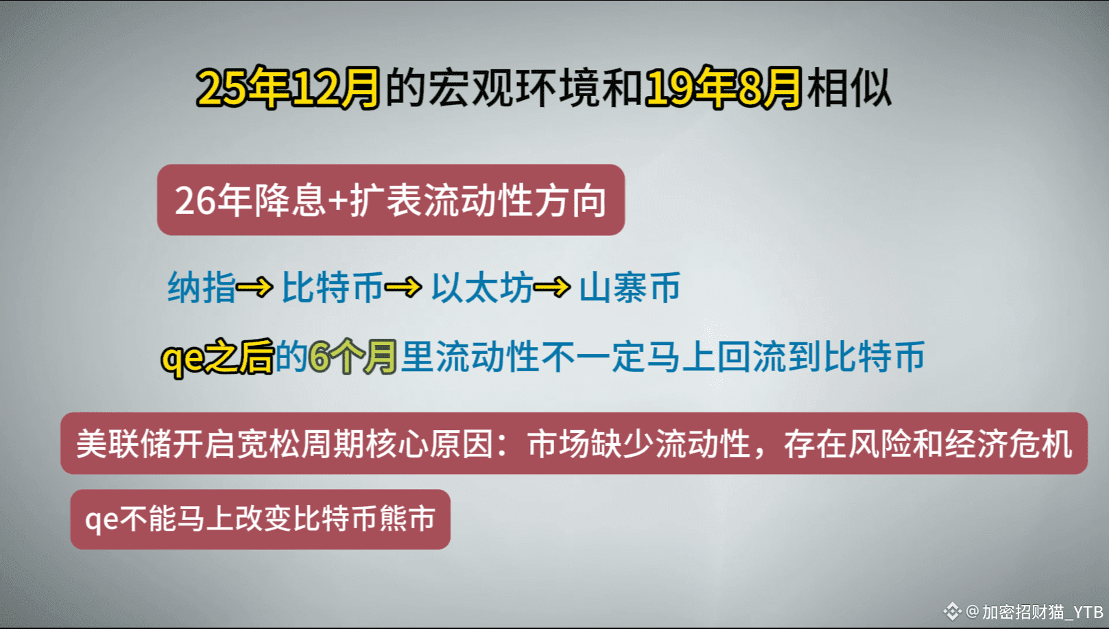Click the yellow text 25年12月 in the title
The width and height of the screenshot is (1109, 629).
pos(288,88)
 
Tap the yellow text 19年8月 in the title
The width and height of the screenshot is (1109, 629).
pos(723,88)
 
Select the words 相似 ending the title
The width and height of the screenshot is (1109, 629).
pos(849,88)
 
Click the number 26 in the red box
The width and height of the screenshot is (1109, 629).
pos(195,201)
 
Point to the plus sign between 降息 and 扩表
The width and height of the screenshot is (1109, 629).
pos(337,202)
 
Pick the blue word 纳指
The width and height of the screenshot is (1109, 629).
pos(202,287)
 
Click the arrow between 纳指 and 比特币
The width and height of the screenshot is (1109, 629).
pos(254,287)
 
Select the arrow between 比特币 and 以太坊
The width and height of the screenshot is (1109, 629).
pos(403,287)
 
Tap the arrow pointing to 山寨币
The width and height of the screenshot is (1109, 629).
pos(552,287)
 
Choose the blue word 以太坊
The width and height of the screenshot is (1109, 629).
pos(482,287)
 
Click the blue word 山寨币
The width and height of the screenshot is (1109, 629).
pos(630,287)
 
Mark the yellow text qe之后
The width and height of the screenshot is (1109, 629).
pos(217,357)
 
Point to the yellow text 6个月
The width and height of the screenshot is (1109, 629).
pos(353,357)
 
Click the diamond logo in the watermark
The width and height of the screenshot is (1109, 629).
pos(952,611)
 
